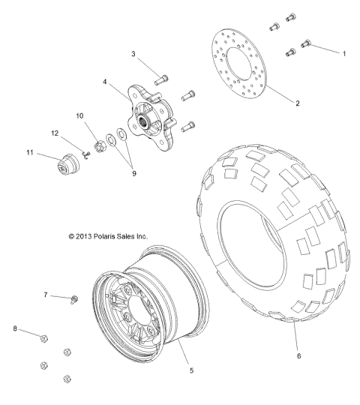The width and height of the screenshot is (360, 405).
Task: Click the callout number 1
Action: coord(344,54)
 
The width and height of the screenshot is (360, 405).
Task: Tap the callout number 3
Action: coord(133,54)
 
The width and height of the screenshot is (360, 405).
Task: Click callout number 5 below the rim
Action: coord(190,369)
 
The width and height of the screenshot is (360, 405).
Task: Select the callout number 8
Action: coord(15,328)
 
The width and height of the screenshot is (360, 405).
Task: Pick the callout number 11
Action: coord(31,153)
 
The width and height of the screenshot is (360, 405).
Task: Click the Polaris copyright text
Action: coord(107,235)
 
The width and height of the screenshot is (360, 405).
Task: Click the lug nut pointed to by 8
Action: coord(44,339)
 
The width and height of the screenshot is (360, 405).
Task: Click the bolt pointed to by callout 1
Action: coord(305,44)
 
